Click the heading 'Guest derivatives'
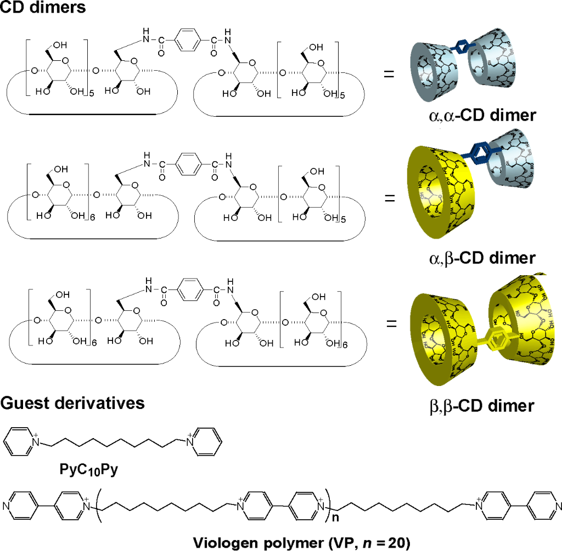pos(72,403)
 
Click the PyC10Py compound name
pos(88,469)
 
